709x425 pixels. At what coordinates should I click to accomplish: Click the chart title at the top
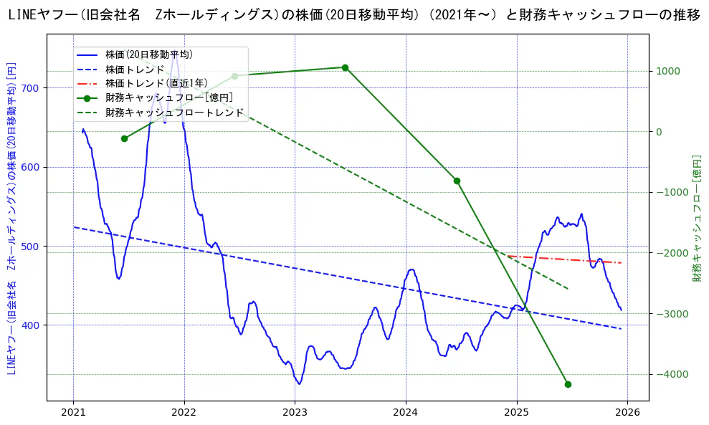click(354, 15)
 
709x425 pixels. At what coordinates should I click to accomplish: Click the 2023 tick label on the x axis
click(295, 412)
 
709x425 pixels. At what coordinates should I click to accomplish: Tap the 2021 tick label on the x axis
click(73, 412)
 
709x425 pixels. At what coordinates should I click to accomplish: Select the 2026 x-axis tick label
click(627, 412)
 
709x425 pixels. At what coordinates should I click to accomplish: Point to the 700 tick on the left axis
click(32, 88)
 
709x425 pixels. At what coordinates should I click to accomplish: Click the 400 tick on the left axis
click(32, 325)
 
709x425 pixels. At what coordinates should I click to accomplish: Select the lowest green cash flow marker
click(568, 384)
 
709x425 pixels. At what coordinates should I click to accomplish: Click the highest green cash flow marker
click(345, 67)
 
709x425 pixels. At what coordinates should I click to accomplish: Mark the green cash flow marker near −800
click(457, 181)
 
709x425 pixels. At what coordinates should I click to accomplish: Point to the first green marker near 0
click(124, 138)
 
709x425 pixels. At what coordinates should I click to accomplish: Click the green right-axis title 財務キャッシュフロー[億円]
click(696, 218)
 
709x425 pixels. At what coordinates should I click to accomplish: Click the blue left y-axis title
click(11, 218)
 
